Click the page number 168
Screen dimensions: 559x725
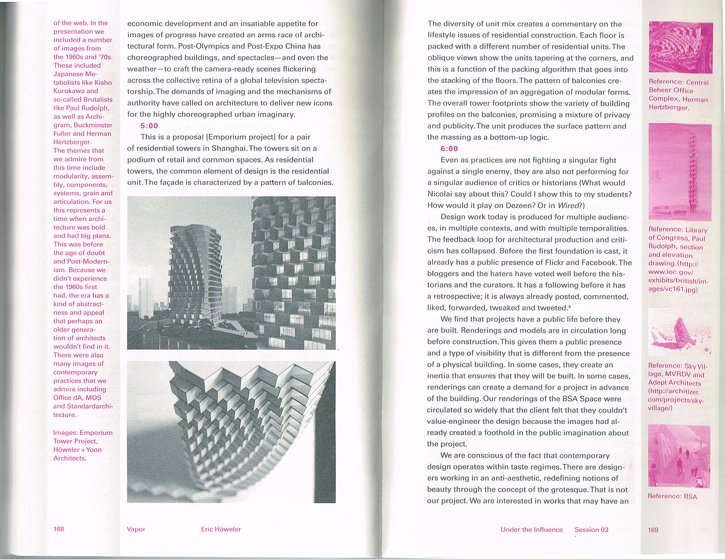[59, 529]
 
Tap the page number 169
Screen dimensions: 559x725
[653, 530]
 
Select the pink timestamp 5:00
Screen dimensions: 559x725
[149, 126]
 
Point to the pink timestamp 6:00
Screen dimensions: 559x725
[449, 148]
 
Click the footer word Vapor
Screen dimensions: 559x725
[136, 529]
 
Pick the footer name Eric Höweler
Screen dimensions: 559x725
[221, 529]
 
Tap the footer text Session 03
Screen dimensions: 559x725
[591, 530]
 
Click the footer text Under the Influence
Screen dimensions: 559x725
[532, 530]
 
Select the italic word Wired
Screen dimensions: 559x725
[568, 205]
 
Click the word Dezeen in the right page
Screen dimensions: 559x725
[520, 205]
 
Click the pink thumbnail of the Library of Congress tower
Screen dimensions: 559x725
[680, 172]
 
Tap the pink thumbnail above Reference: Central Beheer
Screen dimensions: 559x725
[681, 48]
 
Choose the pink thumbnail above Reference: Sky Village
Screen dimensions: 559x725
[679, 332]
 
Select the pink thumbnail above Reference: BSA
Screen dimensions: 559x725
[679, 456]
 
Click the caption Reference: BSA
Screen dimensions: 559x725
[672, 496]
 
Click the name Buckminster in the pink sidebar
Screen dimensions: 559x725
[93, 125]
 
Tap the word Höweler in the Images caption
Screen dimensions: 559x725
[66, 450]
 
